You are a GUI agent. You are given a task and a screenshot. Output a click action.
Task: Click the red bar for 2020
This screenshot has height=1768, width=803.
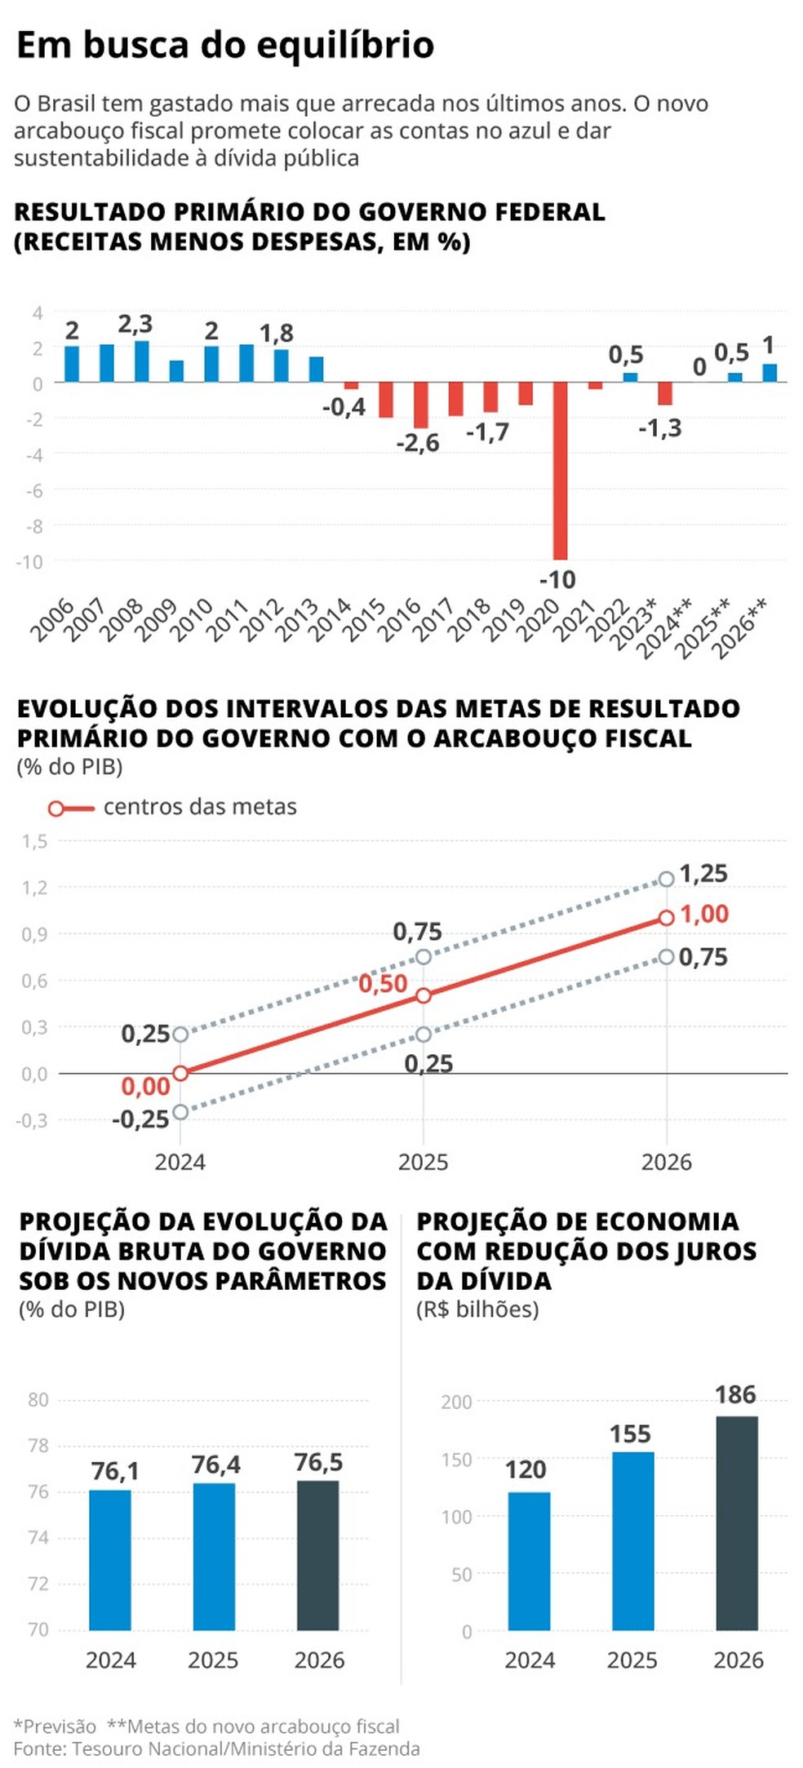(x=560, y=470)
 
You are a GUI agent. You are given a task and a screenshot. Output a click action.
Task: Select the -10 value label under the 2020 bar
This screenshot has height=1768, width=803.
(x=557, y=580)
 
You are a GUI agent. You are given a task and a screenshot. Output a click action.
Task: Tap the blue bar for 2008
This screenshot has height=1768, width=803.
(x=142, y=361)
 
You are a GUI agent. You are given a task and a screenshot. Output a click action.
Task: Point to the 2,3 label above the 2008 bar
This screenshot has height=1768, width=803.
(x=135, y=324)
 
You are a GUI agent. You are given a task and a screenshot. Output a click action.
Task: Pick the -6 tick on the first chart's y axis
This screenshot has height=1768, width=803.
(x=34, y=490)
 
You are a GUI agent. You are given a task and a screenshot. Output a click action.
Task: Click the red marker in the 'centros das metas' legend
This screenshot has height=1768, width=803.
(x=56, y=809)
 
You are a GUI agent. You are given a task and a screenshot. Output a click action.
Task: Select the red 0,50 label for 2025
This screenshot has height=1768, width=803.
(x=383, y=983)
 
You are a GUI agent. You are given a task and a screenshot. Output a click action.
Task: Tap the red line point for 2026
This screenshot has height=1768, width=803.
(x=666, y=918)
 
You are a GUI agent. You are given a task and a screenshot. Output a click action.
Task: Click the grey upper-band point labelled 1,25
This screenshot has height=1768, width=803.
(x=666, y=879)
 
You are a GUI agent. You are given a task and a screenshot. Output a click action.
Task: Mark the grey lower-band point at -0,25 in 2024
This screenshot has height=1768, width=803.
(x=180, y=1112)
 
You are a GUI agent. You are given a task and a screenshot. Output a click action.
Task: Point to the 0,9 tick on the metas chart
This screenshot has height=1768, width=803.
(x=35, y=933)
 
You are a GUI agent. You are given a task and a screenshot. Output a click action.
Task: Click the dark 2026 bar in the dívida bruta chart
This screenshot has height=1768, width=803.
(x=318, y=1555)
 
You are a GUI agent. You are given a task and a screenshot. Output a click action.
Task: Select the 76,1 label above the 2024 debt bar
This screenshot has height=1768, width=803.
(x=115, y=1471)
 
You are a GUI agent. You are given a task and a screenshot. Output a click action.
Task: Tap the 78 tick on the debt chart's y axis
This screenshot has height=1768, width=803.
(x=38, y=1445)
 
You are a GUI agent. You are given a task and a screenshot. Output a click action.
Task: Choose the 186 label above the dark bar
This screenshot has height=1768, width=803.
(x=735, y=1394)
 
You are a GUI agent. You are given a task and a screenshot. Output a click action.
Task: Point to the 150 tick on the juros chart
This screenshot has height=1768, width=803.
(x=456, y=1460)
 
